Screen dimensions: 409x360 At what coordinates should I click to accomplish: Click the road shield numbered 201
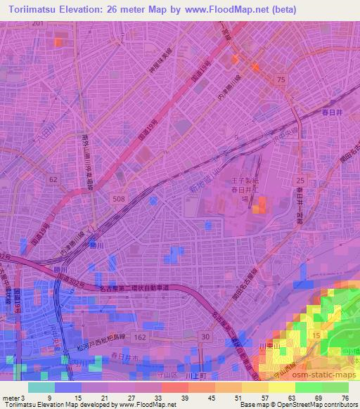(37, 23)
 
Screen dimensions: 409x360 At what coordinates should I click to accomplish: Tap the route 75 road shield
(281, 81)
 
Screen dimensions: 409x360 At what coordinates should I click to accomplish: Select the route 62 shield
(53, 180)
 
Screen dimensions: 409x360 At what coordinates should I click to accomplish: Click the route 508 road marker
(120, 200)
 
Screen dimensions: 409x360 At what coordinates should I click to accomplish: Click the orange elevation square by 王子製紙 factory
(261, 205)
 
